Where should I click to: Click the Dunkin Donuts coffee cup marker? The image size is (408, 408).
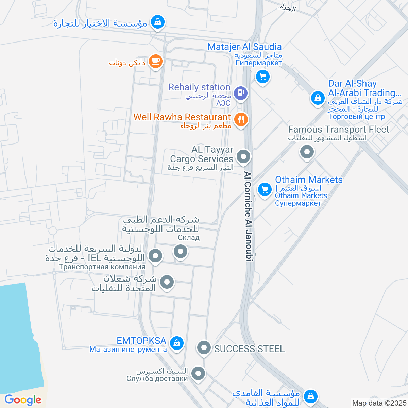156,61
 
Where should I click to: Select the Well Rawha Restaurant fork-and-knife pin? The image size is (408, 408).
241,119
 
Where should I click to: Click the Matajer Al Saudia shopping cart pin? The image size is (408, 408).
262,76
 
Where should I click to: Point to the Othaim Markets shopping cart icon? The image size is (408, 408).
265,189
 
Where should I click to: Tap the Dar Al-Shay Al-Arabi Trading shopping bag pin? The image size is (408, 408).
318,98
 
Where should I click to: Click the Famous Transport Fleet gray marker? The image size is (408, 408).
307,152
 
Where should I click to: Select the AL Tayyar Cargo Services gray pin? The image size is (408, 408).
243,157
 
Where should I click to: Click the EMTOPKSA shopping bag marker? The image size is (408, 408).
176,343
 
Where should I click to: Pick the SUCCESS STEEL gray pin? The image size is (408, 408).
204,348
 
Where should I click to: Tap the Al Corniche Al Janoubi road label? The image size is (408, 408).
249,216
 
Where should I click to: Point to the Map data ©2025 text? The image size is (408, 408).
379,403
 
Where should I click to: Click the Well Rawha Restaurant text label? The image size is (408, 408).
182,117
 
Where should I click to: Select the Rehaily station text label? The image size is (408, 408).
200,87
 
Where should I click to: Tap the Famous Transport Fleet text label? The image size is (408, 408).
339,129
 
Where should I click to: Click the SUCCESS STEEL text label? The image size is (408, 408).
249,349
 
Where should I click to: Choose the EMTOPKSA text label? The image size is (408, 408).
141,341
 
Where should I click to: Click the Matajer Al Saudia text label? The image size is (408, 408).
244,47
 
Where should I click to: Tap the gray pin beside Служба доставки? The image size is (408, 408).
198,374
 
